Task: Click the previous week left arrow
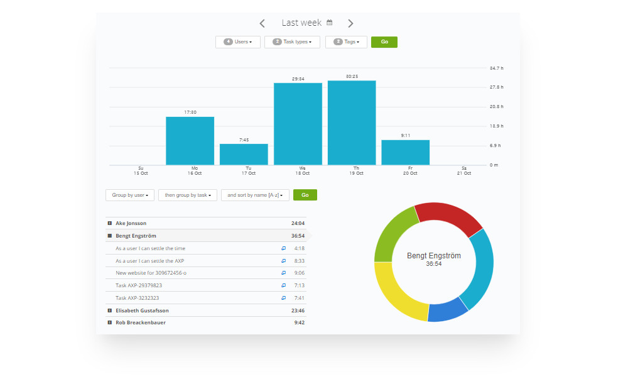[x=262, y=23]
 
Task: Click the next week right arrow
[x=350, y=23]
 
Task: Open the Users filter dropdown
[x=237, y=42]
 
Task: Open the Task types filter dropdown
[x=292, y=42]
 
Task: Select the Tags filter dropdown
[x=346, y=42]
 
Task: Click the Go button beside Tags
[x=384, y=42]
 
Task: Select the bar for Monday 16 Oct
[x=190, y=141]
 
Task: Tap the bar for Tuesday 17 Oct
[x=244, y=155]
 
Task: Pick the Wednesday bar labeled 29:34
[x=298, y=124]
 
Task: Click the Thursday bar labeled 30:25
[x=352, y=123]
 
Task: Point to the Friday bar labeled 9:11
[x=406, y=152]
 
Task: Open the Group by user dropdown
[x=130, y=195]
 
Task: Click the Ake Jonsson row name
[x=131, y=223]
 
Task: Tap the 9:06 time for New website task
[x=299, y=273]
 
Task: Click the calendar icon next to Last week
[x=330, y=23]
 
